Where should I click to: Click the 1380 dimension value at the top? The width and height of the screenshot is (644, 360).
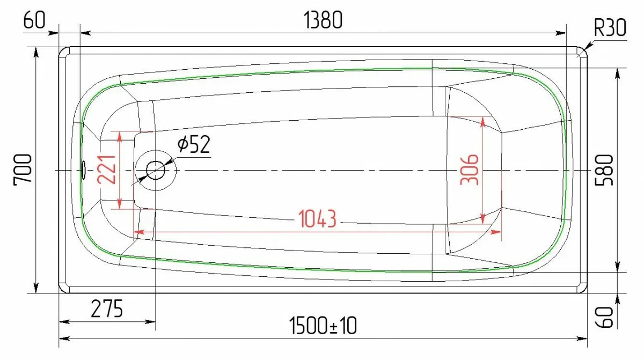click(323, 20)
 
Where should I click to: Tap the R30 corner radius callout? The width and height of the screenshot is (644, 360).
click(610, 28)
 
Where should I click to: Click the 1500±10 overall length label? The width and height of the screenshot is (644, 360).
click(323, 325)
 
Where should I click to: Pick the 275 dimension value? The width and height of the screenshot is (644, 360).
click(107, 308)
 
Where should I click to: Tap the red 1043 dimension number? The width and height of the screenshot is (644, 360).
click(317, 219)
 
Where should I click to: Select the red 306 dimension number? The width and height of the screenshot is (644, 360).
click(470, 170)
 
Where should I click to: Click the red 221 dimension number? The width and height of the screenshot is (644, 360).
click(106, 170)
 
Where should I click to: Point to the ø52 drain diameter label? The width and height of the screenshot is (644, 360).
click(194, 144)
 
